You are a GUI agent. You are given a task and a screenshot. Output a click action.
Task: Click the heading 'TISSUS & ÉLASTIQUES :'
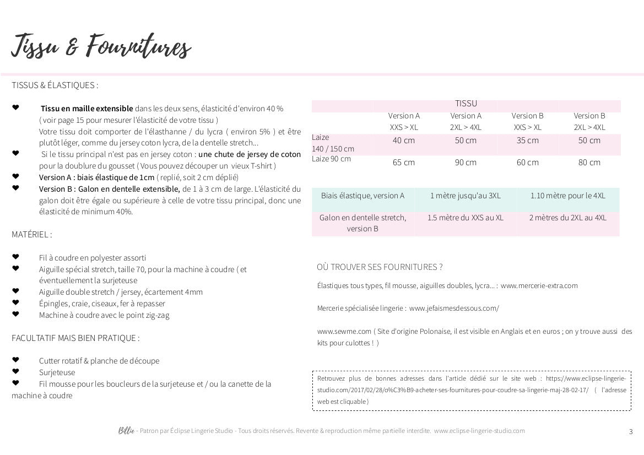pyautogui.click(x=55, y=85)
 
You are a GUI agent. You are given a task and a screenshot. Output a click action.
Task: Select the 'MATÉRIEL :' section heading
pyautogui.click(x=32, y=234)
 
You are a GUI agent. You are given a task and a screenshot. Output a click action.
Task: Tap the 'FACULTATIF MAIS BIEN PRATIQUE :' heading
pyautogui.click(x=75, y=338)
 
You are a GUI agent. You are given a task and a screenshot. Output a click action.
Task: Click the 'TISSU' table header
pyautogui.click(x=466, y=104)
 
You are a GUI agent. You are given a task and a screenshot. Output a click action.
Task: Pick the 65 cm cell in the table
pyautogui.click(x=404, y=162)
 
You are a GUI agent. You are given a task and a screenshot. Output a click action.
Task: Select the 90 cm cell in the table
pyautogui.click(x=466, y=162)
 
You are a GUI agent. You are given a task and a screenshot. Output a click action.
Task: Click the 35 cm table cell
pyautogui.click(x=528, y=140)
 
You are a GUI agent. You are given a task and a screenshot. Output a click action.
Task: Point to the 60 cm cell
pyautogui.click(x=528, y=162)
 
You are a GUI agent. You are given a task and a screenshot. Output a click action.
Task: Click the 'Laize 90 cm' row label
pyautogui.click(x=331, y=159)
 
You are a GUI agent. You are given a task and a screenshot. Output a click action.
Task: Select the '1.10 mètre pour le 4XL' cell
pyautogui.click(x=568, y=196)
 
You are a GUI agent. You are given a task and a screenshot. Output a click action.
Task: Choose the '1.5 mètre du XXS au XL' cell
pyautogui.click(x=466, y=218)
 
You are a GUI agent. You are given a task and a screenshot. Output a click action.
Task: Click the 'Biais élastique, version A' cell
pyautogui.click(x=362, y=196)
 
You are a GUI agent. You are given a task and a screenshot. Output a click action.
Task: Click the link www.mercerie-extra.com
pyautogui.click(x=539, y=285)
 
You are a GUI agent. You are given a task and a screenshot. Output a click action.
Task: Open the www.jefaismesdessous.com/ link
pyautogui.click(x=454, y=308)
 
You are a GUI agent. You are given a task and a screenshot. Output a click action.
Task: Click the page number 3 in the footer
pyautogui.click(x=631, y=431)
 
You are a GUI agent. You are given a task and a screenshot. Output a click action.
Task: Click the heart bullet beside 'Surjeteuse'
pyautogui.click(x=15, y=372)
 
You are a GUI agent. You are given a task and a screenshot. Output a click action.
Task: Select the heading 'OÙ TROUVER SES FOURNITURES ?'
pyautogui.click(x=380, y=267)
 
